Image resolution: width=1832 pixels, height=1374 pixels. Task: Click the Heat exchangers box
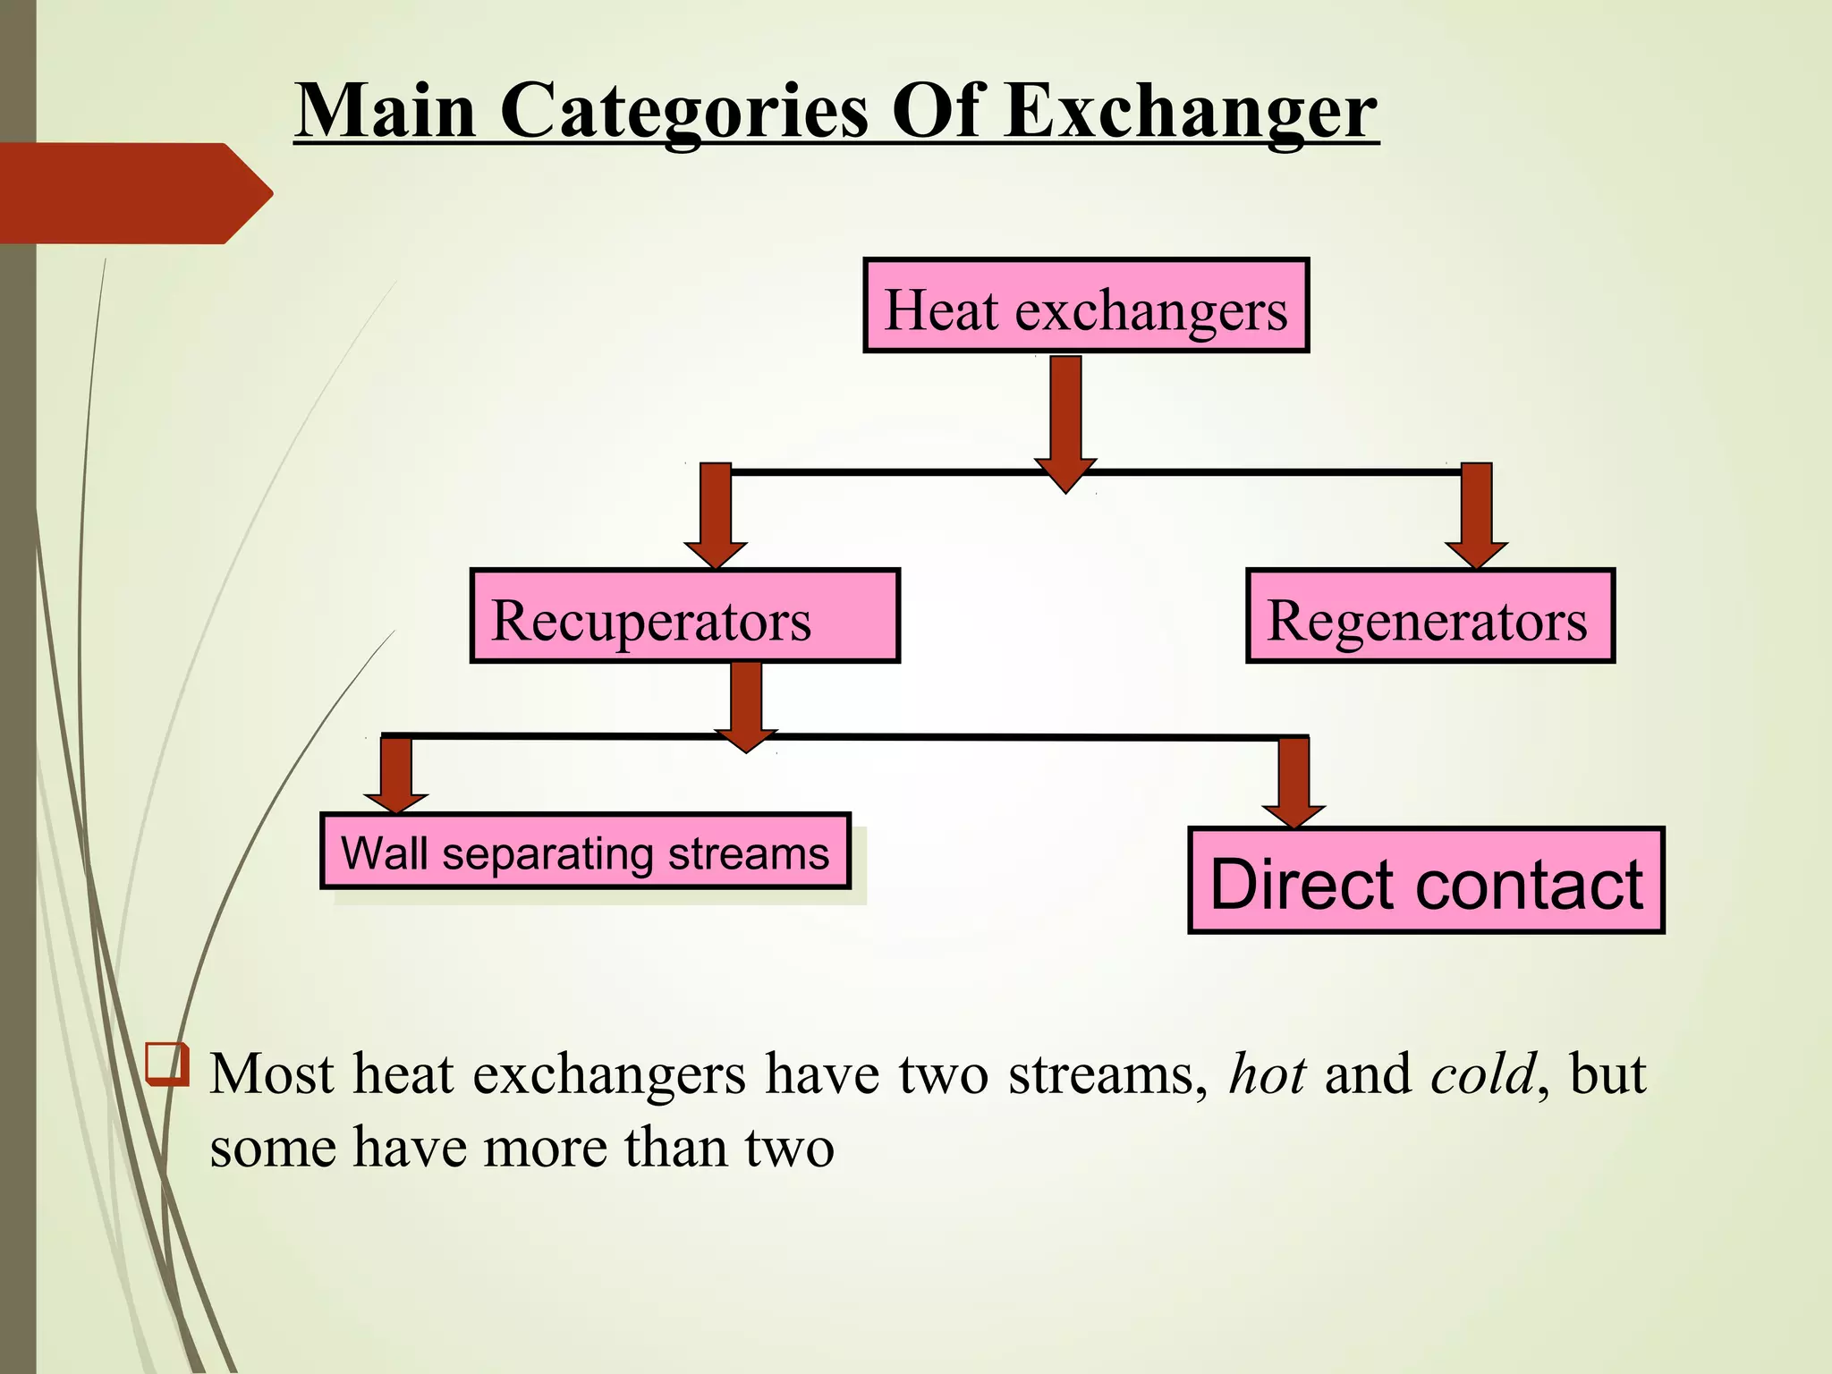(x=1086, y=306)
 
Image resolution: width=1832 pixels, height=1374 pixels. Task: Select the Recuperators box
(x=684, y=616)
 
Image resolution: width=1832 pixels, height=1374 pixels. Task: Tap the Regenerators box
(x=1429, y=616)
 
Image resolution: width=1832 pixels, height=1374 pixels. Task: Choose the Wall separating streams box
(x=585, y=852)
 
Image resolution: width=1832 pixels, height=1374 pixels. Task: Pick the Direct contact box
(x=1426, y=881)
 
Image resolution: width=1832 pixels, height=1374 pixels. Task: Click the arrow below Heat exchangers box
(x=1065, y=420)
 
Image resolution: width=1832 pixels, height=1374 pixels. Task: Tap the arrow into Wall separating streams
(x=395, y=774)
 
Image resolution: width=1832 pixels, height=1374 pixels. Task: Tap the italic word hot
(x=1267, y=1073)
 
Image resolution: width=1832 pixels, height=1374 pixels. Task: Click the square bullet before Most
(x=167, y=1064)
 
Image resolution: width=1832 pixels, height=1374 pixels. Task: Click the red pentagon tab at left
(x=134, y=193)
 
